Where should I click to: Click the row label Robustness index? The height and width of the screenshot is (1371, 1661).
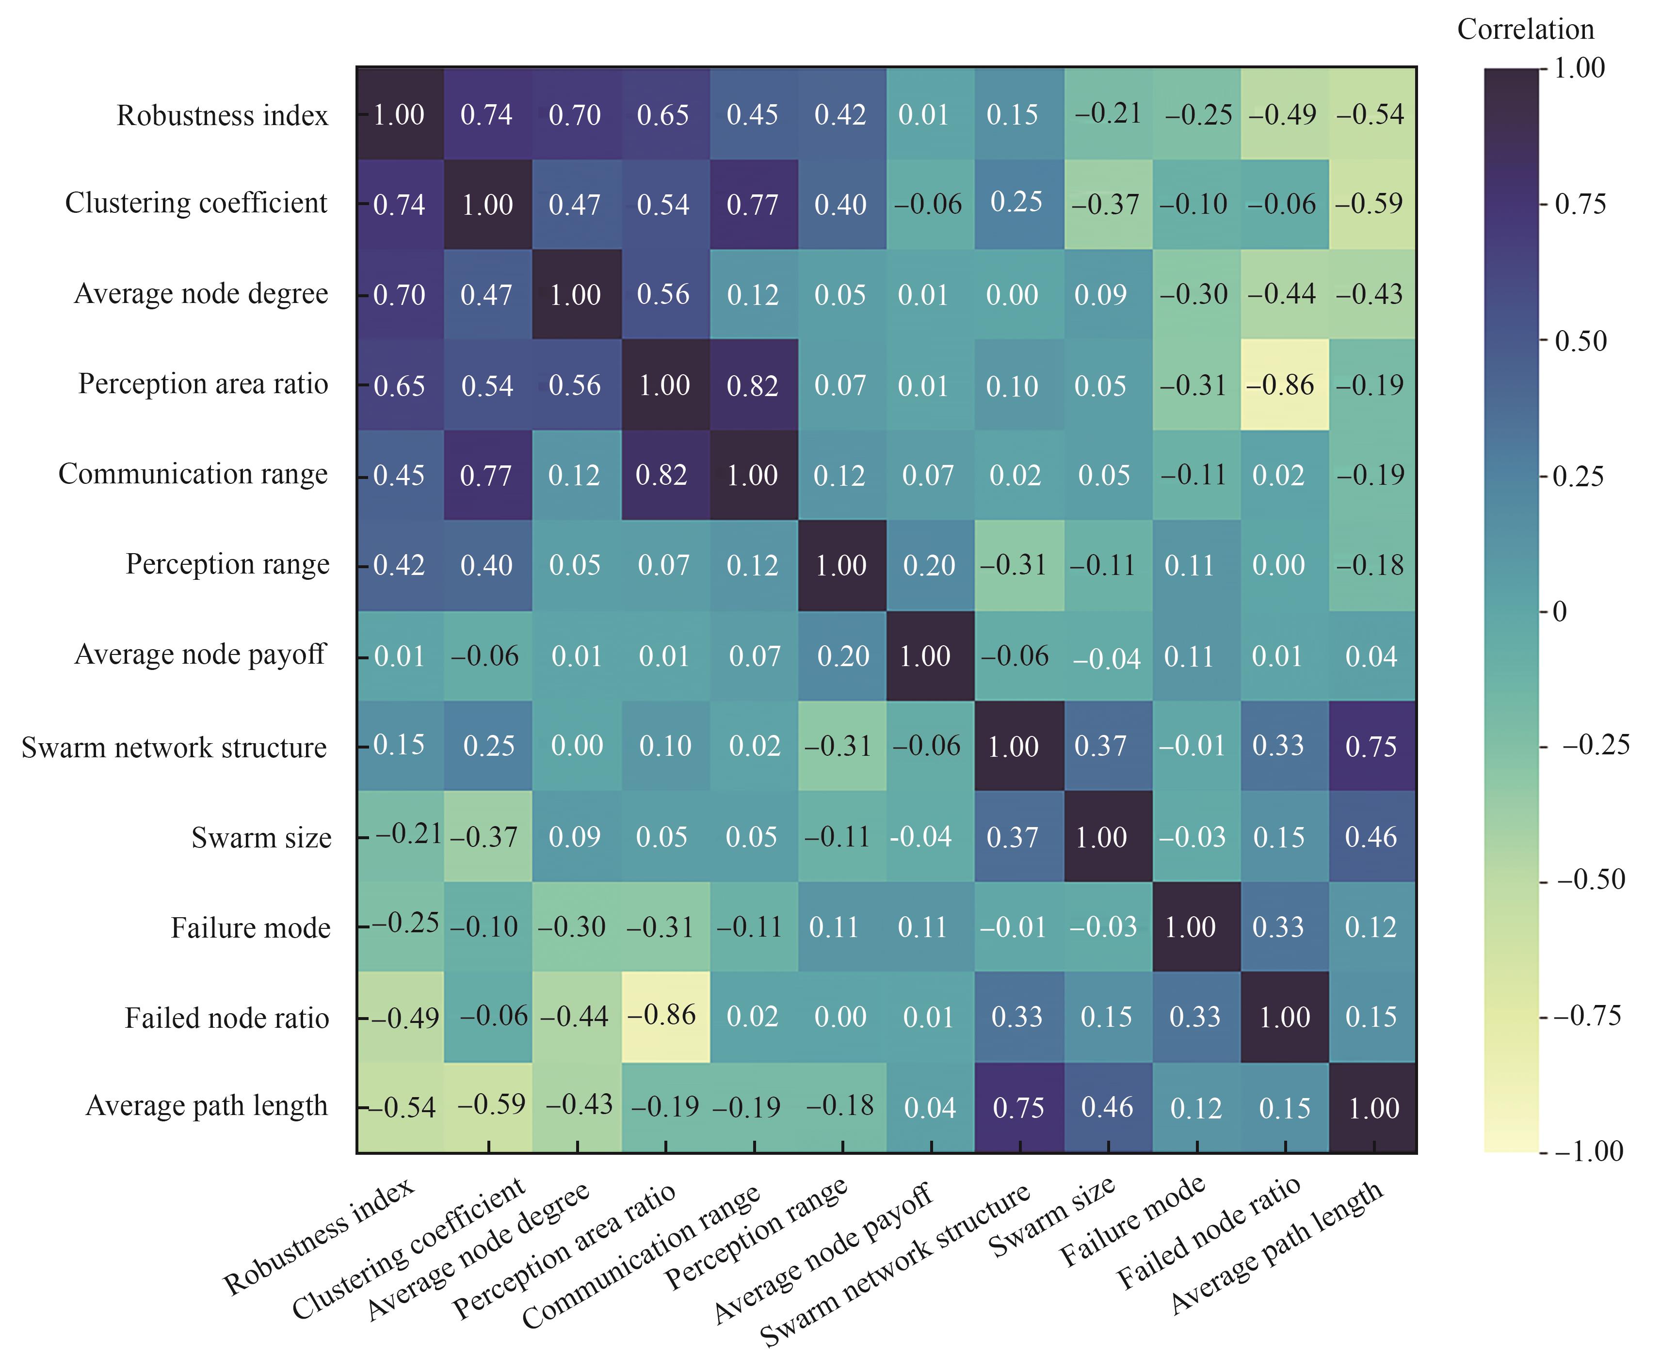[222, 115]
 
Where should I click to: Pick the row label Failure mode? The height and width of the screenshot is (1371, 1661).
[250, 927]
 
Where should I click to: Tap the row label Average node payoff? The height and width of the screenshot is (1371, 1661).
[200, 654]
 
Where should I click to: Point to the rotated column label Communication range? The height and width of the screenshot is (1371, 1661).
[641, 1257]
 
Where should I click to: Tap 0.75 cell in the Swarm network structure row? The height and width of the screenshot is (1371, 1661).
[1371, 746]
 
